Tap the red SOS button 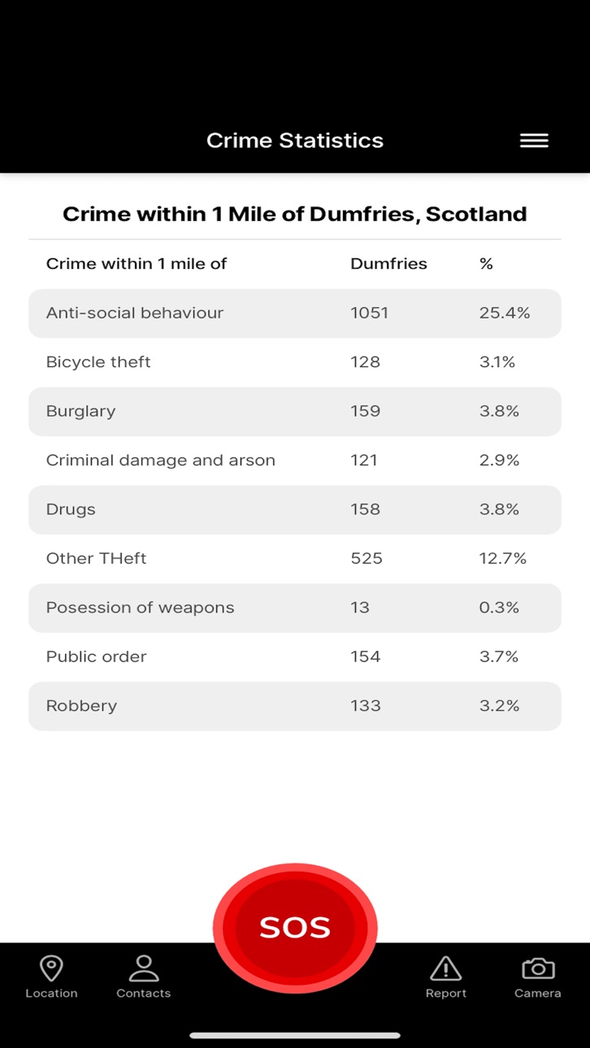pos(295,927)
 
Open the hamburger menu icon pos(534,141)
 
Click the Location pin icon pos(51,968)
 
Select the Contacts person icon pos(144,968)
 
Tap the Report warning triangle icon pos(445,968)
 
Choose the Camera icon pos(538,968)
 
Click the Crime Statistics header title pos(295,141)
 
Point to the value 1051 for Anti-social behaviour pos(370,313)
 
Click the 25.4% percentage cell pos(505,313)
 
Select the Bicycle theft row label pos(98,362)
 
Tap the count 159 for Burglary pos(366,411)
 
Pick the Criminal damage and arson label pos(160,461)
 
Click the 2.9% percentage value pos(499,461)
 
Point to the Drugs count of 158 pos(366,509)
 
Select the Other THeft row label pos(97,558)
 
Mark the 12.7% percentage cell pos(503,558)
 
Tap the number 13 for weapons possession pos(360,608)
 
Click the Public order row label pos(97,656)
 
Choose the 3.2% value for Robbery pos(499,705)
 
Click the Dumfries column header pos(388,264)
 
